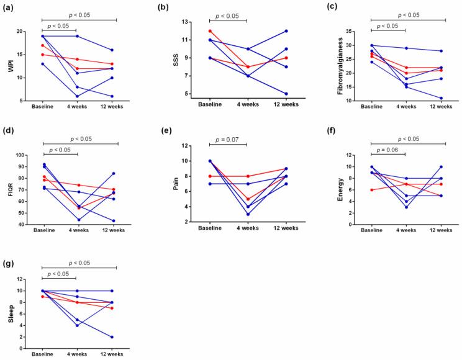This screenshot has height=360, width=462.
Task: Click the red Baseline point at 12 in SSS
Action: tap(209, 31)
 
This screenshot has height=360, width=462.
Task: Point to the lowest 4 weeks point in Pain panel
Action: tap(247, 214)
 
